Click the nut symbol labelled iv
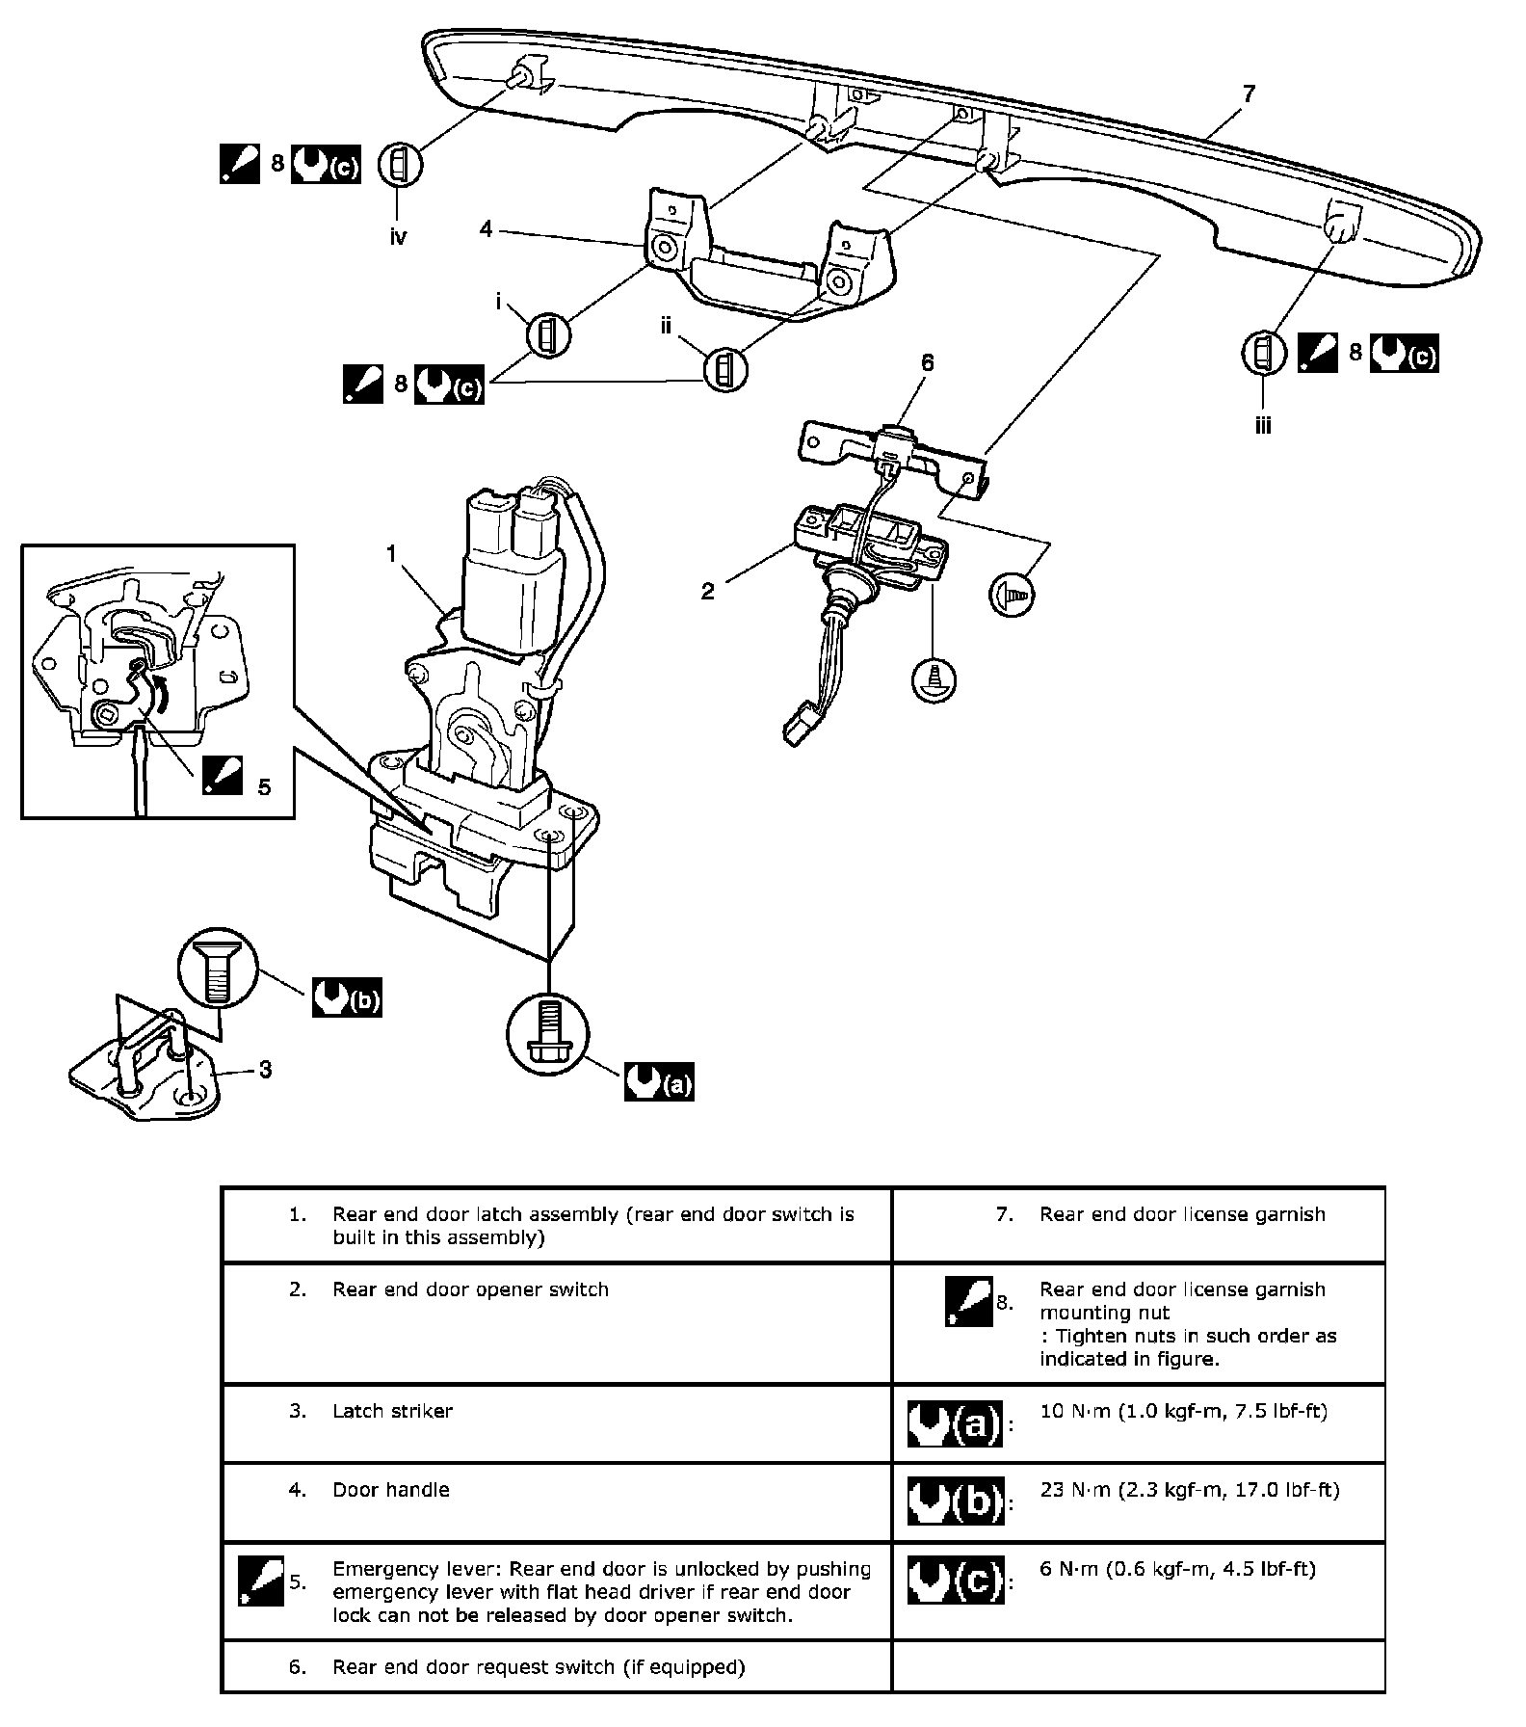click(x=400, y=165)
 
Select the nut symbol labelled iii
click(x=1264, y=353)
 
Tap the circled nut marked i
click(x=547, y=335)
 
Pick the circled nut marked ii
click(x=725, y=369)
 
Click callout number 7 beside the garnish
click(x=1249, y=93)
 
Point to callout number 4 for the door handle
click(x=487, y=229)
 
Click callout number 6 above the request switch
click(x=927, y=362)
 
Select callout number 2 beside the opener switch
click(x=708, y=591)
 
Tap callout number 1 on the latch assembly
click(x=392, y=553)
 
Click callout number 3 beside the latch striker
click(x=265, y=1069)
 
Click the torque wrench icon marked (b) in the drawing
click(x=347, y=998)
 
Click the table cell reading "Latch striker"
click(x=392, y=1411)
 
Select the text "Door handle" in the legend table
click(x=390, y=1490)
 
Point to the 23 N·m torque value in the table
click(x=1189, y=1490)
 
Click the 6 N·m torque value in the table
click(x=1177, y=1569)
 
